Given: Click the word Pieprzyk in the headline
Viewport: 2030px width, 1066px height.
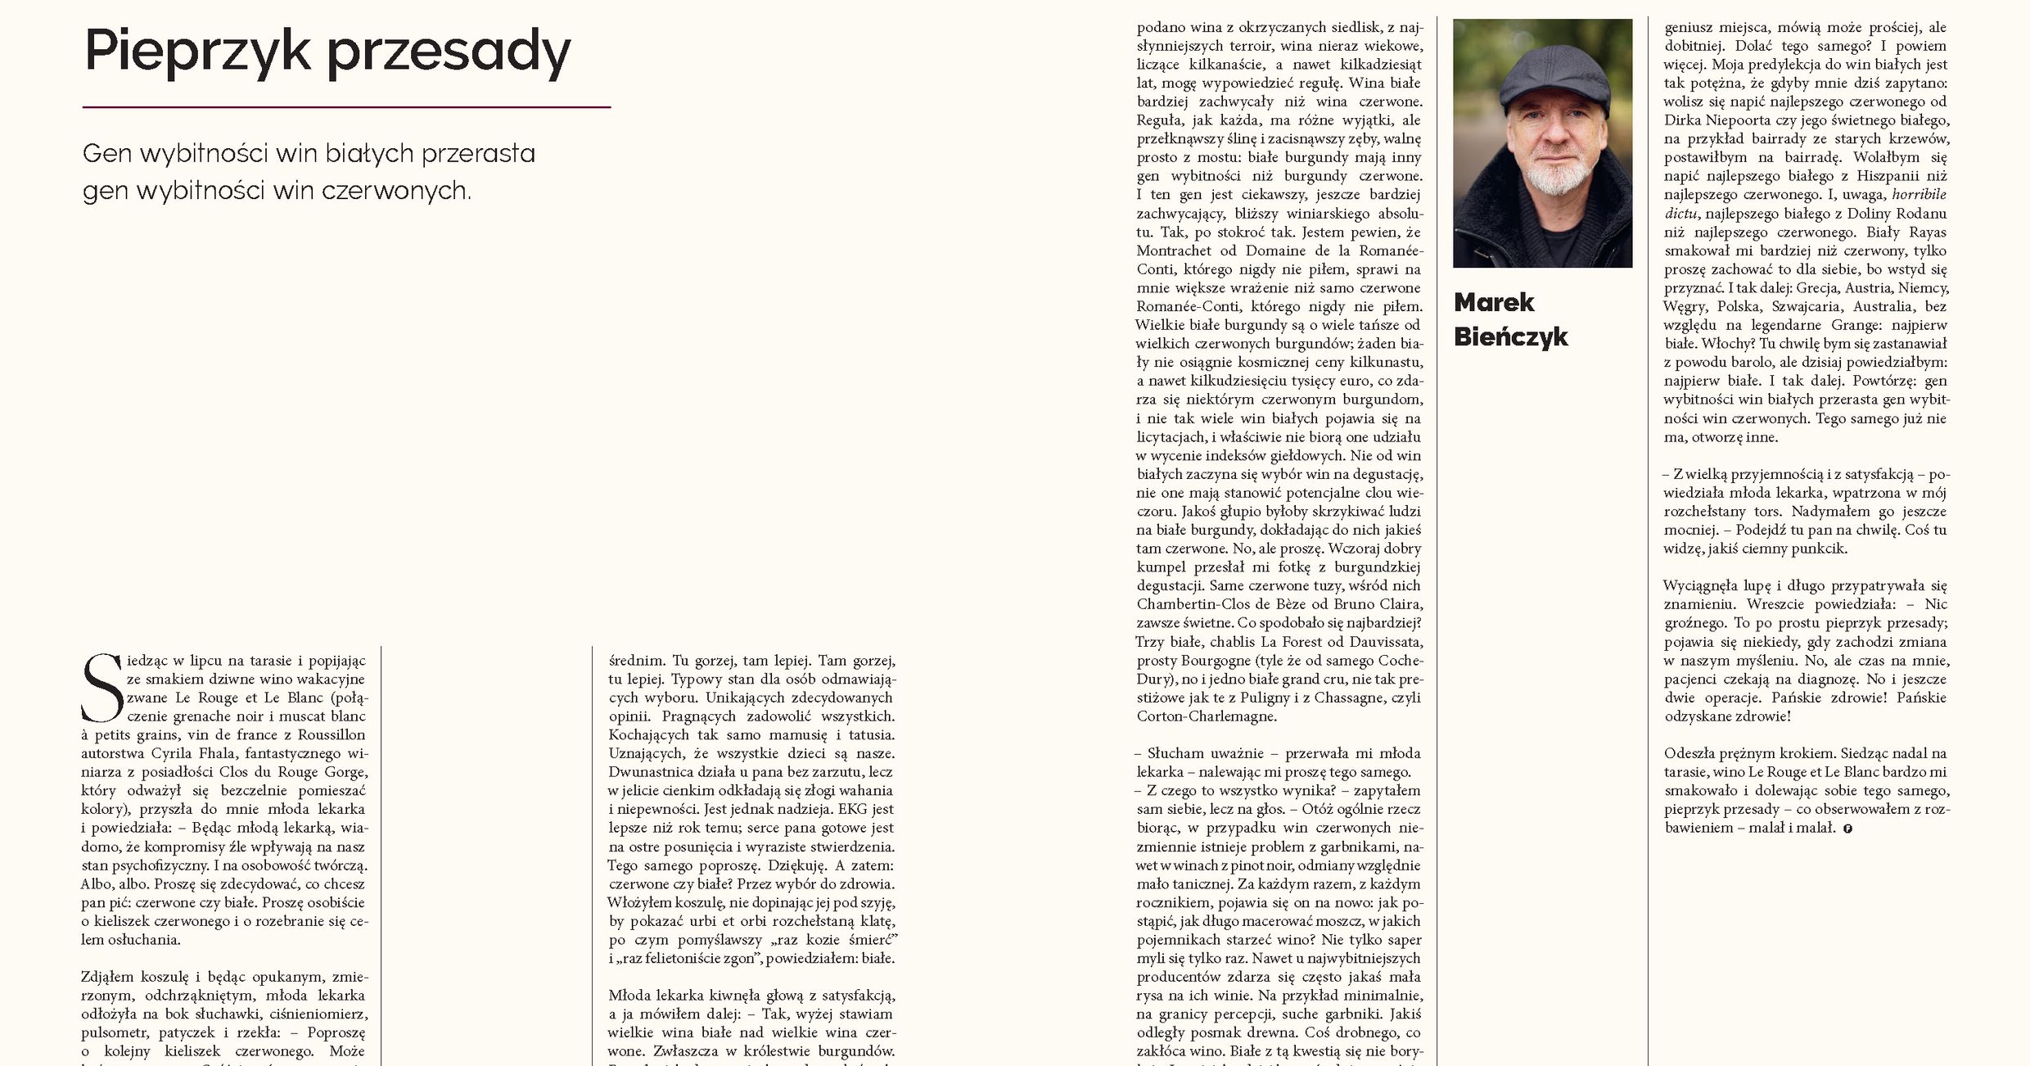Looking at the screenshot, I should [x=197, y=52].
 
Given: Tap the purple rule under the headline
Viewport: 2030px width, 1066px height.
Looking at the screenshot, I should [x=346, y=107].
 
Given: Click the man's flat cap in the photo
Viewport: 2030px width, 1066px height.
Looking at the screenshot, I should [x=1543, y=78].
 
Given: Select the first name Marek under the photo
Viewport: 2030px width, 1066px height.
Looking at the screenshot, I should [x=1494, y=303].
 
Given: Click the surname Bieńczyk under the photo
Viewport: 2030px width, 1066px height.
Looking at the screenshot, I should [x=1510, y=337].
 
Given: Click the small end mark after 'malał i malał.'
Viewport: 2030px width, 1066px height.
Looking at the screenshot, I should [x=1847, y=829].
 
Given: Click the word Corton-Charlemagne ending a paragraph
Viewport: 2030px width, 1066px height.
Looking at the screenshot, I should [x=1206, y=716].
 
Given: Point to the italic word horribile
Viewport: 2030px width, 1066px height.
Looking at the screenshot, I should [x=1919, y=195].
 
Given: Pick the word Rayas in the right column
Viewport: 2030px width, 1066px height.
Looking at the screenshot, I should [x=1927, y=233].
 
